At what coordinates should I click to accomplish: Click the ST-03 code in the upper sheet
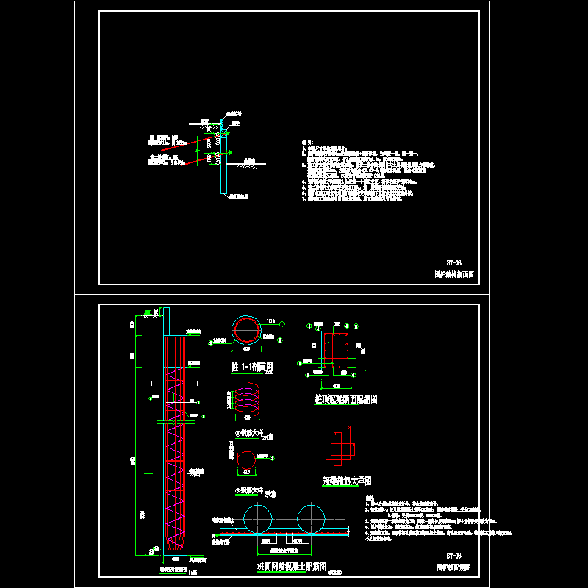[453, 262]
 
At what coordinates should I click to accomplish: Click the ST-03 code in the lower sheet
[453, 556]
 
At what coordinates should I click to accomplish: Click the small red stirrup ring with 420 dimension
[246, 459]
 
